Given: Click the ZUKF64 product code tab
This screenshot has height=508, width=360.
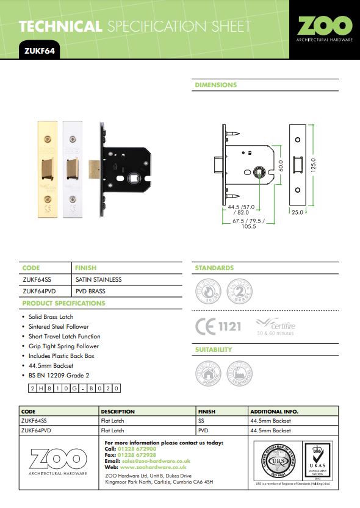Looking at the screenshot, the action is pyautogui.click(x=39, y=51).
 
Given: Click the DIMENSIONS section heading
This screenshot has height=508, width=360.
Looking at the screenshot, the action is pyautogui.click(x=215, y=85).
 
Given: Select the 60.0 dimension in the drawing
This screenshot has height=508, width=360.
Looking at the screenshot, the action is pyautogui.click(x=281, y=165).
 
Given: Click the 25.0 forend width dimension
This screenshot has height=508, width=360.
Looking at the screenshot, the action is pyautogui.click(x=297, y=213).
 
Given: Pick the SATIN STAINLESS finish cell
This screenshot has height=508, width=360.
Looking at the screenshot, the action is pyautogui.click(x=98, y=279).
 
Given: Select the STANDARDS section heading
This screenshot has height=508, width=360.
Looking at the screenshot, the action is pyautogui.click(x=214, y=268).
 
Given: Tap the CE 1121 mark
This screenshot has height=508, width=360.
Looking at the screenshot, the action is pyautogui.click(x=218, y=326).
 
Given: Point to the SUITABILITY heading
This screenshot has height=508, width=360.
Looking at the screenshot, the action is pyautogui.click(x=214, y=349).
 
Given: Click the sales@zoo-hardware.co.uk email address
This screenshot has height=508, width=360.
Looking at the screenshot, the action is pyautogui.click(x=156, y=461).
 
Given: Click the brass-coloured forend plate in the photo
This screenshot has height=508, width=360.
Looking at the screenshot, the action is pyautogui.click(x=46, y=166).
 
